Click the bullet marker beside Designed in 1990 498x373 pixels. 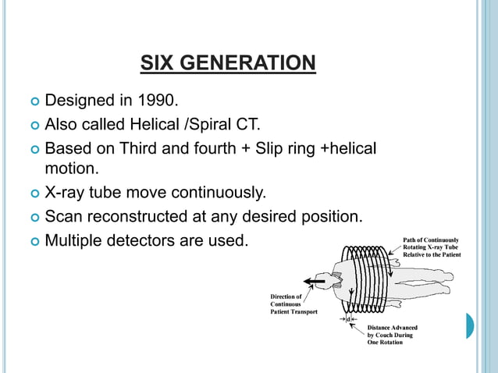34,101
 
